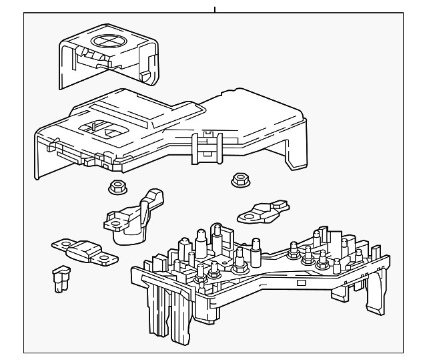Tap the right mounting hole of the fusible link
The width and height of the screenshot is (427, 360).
click(105, 258)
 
